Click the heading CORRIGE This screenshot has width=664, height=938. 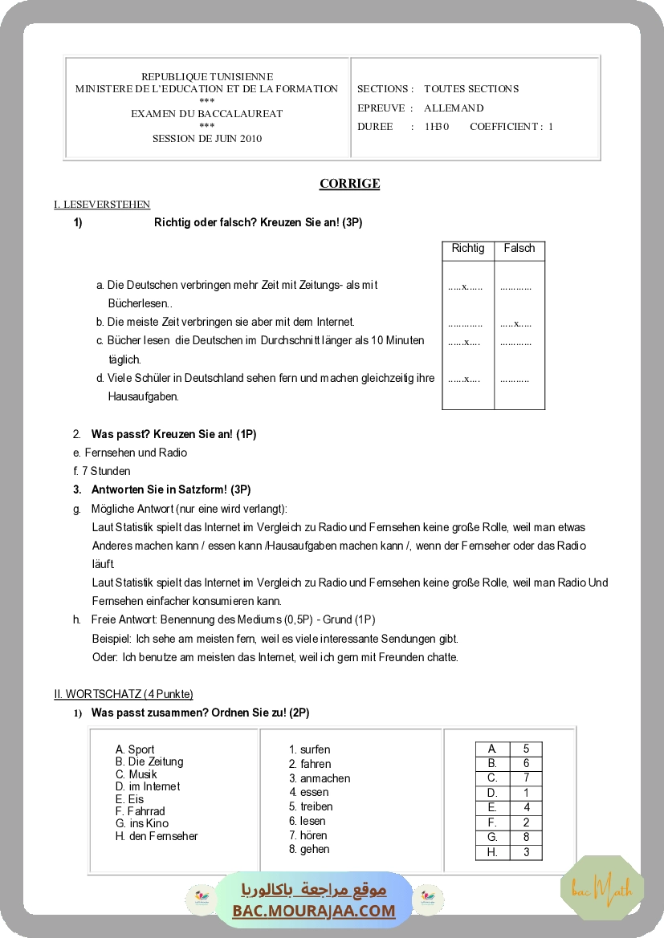349,184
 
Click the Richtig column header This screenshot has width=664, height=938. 468,249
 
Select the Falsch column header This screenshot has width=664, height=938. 519,249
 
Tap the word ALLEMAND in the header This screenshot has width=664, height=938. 454,108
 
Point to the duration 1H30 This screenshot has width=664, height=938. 437,127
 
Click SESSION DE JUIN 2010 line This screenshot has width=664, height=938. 207,138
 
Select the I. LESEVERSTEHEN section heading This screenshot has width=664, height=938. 102,205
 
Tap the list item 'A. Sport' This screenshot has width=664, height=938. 135,749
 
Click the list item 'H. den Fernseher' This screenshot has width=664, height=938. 157,836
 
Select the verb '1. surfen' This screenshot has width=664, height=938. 310,749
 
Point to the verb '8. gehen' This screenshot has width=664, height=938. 309,849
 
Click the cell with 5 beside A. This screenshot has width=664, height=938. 526,749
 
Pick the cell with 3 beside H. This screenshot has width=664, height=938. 526,852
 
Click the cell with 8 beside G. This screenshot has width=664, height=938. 526,837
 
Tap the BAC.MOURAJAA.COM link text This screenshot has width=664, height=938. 314,911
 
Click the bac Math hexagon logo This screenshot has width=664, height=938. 602,888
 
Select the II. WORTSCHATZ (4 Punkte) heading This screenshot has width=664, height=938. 124,694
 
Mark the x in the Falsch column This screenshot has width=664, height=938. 518,323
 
